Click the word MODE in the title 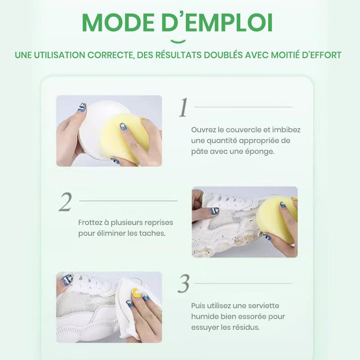click(118, 22)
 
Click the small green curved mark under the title click(178, 41)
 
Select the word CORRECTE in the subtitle click(110, 55)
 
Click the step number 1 click(184, 108)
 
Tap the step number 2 click(65, 202)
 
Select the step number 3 click(184, 284)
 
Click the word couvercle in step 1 click(243, 130)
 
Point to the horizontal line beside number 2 click(128, 201)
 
